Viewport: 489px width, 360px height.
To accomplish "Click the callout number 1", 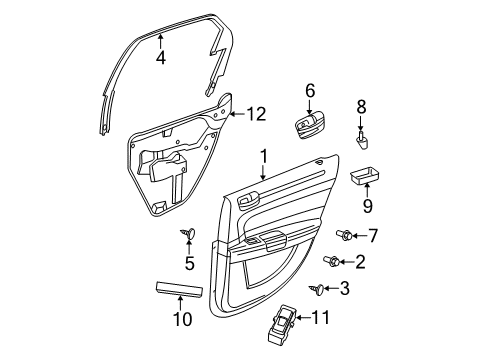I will (x=264, y=156).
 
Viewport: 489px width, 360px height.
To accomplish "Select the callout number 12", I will (x=257, y=114).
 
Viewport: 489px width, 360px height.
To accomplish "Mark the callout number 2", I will (x=359, y=262).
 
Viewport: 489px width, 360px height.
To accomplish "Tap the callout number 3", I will (x=345, y=289).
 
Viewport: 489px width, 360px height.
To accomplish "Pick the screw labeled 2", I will (x=329, y=262).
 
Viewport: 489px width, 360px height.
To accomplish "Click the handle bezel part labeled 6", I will (x=310, y=128).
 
